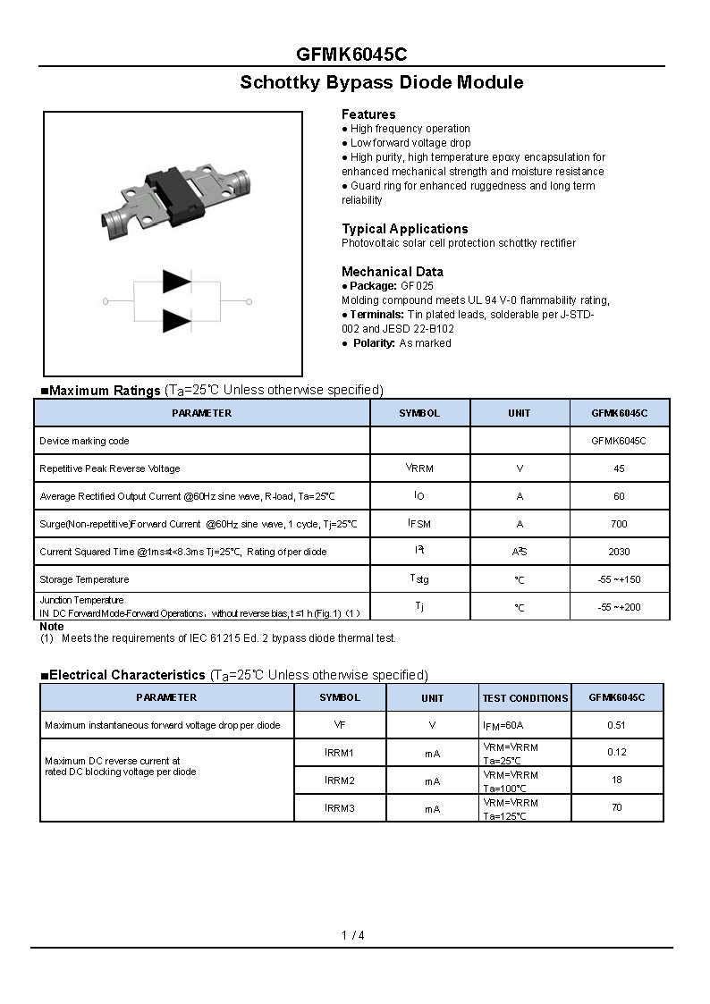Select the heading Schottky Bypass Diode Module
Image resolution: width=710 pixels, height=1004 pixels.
coord(381,82)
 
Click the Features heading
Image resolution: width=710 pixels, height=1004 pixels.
coord(368,114)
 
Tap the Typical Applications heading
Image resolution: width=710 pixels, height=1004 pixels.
coord(404,229)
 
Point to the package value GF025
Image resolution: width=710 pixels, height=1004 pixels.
coord(417,286)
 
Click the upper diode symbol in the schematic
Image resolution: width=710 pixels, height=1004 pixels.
coord(176,282)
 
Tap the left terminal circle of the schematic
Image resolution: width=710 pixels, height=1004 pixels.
coord(106,302)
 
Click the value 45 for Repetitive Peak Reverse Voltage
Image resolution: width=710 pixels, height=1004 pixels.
coord(619,468)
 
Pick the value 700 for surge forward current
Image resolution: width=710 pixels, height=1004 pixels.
coord(619,524)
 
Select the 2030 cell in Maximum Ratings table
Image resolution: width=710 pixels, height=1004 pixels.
coord(619,552)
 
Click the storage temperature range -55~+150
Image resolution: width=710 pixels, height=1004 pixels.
coord(619,579)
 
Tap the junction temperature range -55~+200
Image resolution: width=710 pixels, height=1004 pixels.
coord(619,607)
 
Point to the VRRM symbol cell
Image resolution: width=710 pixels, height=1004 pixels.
coord(419,468)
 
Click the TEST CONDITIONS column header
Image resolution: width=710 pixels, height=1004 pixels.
coord(525,698)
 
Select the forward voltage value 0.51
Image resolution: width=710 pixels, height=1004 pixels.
coord(616,725)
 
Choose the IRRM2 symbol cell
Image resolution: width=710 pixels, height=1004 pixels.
coord(340,780)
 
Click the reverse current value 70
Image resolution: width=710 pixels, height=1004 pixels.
coord(616,808)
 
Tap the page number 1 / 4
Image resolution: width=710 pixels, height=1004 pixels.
coord(353,935)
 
